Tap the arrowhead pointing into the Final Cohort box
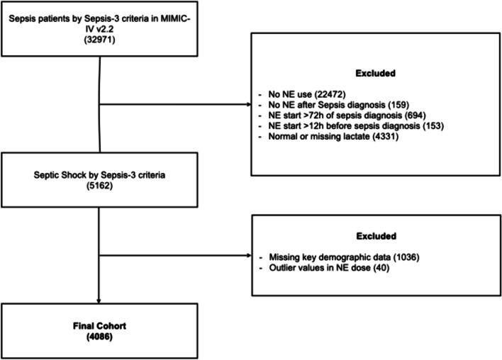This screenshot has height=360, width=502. [99, 301]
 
